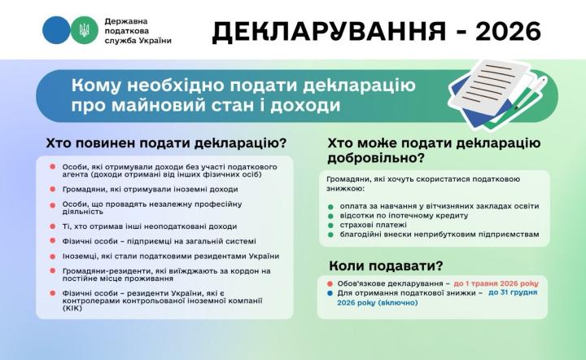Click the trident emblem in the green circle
click(x=84, y=30)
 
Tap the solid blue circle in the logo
click(x=56, y=30)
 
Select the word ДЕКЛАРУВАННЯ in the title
click(x=330, y=31)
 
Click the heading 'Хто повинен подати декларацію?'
click(x=166, y=143)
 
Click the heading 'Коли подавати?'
click(x=386, y=265)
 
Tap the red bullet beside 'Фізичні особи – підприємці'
click(x=53, y=241)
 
